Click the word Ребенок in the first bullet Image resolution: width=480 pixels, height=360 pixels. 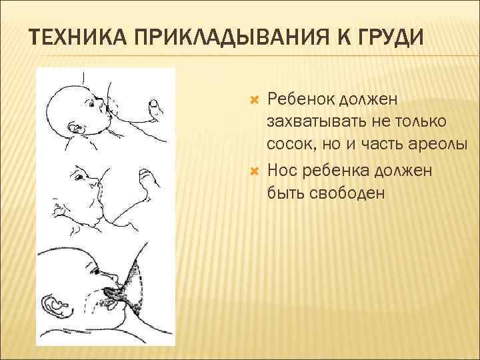point(299,100)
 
